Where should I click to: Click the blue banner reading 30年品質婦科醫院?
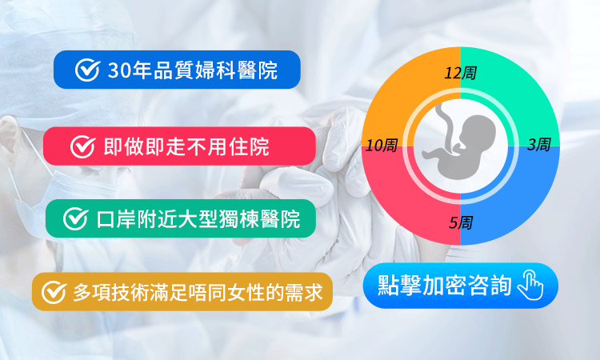pyautogui.click(x=177, y=70)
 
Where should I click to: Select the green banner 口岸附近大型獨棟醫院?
pyautogui.click(x=181, y=218)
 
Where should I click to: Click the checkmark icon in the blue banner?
pyautogui.click(x=86, y=70)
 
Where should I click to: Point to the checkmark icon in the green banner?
pyautogui.click(x=74, y=218)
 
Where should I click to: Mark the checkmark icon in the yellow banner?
pyautogui.click(x=54, y=293)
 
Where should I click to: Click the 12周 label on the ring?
pyautogui.click(x=460, y=74)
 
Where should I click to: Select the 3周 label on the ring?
pyautogui.click(x=538, y=145)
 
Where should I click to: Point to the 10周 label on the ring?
pyautogui.click(x=382, y=146)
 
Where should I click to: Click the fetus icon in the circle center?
pyautogui.click(x=459, y=144)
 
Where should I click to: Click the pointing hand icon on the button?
pyautogui.click(x=530, y=286)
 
